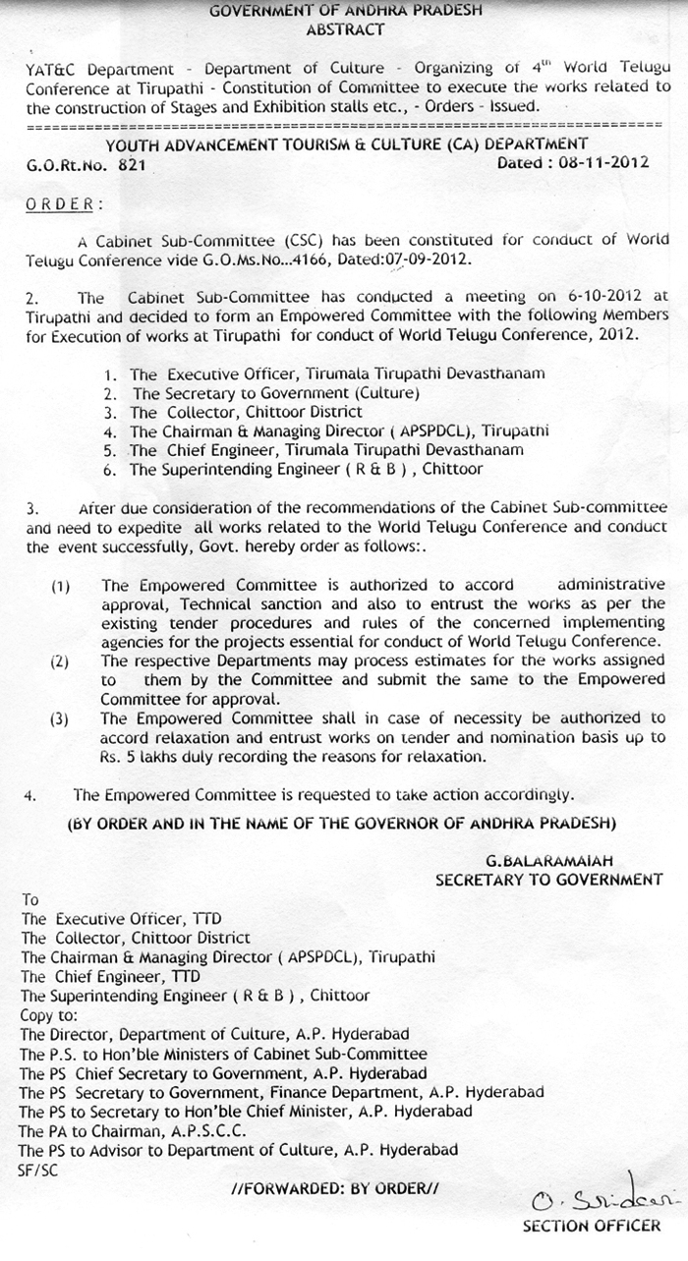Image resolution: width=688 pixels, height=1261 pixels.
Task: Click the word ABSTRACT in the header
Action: [x=345, y=30]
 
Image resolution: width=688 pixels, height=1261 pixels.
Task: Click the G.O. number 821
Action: [x=131, y=165]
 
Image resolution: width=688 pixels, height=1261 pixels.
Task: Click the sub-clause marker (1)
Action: [x=61, y=587]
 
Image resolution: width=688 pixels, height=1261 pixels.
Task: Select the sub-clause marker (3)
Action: [x=61, y=719]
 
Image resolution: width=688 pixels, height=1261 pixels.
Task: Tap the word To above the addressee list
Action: [x=29, y=899]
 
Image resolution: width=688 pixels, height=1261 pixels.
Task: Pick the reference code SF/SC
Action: [x=35, y=1170]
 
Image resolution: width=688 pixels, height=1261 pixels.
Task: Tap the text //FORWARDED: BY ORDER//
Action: [x=334, y=1189]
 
